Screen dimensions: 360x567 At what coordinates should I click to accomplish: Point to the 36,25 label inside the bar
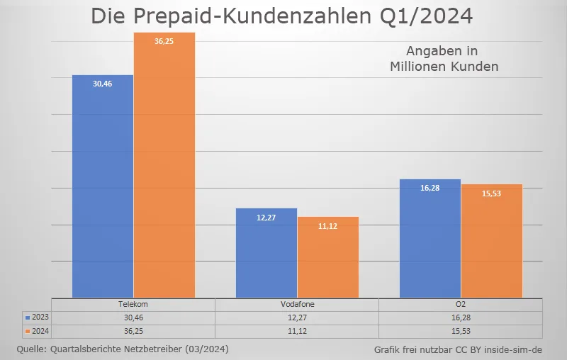164,41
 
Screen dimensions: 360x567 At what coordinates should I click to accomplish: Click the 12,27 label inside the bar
266,218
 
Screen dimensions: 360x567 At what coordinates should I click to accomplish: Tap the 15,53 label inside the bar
492,193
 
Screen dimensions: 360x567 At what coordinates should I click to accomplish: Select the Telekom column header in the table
133,304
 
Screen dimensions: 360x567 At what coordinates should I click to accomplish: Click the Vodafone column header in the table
297,304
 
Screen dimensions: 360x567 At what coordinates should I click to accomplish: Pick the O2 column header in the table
461,304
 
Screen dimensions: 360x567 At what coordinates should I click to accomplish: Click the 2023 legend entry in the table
36,317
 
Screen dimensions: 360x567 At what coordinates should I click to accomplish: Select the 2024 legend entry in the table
36,330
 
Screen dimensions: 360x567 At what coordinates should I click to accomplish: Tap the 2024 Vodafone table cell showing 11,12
297,330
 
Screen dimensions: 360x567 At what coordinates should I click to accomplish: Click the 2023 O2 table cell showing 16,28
461,317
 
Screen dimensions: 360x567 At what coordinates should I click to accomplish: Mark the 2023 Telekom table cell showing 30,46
133,317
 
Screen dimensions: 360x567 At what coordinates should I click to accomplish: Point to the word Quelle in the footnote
31,349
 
